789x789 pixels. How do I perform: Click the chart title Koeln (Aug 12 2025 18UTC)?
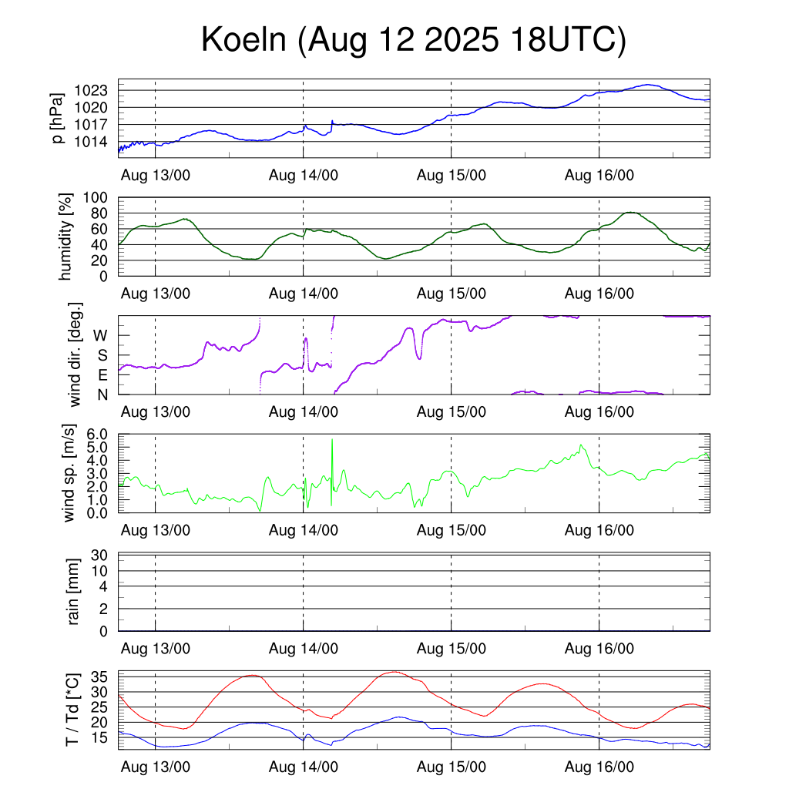(414, 41)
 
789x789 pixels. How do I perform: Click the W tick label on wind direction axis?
(100, 335)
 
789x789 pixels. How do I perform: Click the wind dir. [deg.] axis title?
(75, 355)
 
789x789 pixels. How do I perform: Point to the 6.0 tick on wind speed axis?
(100, 434)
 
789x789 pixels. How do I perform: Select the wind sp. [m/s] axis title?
(71, 474)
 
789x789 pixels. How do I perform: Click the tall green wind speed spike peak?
(332, 439)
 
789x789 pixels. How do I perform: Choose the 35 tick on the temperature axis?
(101, 677)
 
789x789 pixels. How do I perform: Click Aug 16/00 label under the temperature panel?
(599, 767)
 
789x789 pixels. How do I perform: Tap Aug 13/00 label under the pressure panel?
(156, 175)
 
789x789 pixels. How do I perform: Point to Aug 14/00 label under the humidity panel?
(304, 294)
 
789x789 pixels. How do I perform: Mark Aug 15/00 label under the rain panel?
(452, 649)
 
